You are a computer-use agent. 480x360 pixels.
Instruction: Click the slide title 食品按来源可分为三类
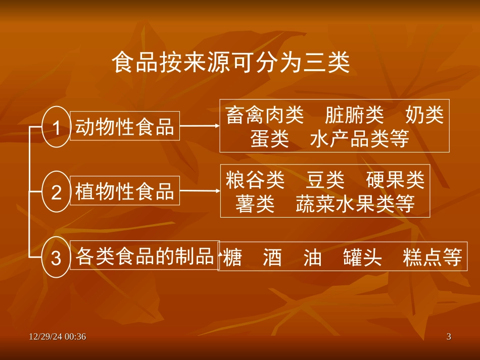pos(230,65)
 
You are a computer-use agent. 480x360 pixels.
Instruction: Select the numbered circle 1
pos(57,127)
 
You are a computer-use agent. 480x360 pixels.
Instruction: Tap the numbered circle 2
pos(57,192)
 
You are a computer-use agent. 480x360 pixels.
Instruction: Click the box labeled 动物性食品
pos(124,126)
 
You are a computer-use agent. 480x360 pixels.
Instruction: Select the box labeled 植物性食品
pos(124,191)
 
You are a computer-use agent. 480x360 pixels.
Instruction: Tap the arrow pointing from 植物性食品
pos(199,191)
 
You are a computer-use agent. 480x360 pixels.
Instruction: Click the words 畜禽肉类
pos(265,116)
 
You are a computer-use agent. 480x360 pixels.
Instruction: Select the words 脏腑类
pos(354,116)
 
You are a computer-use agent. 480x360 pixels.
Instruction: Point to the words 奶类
pos(424,116)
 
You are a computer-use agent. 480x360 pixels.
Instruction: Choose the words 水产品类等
pos(359,139)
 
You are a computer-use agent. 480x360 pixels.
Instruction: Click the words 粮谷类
pos(255,180)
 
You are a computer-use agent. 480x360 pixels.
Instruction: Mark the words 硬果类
pos(395,180)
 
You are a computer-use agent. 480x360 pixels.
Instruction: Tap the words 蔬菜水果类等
pos(355,203)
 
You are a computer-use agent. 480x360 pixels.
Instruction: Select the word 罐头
pos(362,258)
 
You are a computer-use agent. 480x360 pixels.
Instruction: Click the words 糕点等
pos(433,258)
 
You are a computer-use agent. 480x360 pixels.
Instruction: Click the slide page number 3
pos(448,337)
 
